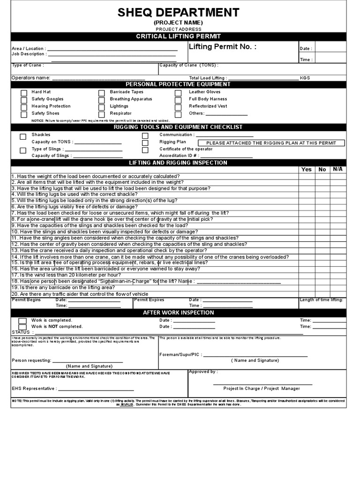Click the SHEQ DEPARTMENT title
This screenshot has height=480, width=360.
[179, 13]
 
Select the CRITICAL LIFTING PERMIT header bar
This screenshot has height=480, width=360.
[179, 36]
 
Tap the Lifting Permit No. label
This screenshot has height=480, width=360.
[222, 46]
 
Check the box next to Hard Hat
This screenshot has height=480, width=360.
[24, 93]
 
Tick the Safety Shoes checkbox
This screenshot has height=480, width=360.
[24, 114]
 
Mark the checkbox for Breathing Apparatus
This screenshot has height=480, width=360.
[101, 100]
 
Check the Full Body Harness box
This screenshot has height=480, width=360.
[178, 100]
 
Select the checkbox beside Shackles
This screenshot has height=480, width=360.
[23, 136]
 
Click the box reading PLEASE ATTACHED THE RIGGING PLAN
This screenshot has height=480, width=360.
[271, 143]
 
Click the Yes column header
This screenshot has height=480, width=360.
[306, 169]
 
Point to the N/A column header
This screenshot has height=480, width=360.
[338, 169]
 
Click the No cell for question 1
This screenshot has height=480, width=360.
[322, 176]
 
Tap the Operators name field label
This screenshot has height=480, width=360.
[30, 78]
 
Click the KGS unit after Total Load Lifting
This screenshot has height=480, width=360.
[305, 78]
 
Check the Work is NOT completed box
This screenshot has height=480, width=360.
[22, 327]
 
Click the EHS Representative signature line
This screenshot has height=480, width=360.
[96, 389]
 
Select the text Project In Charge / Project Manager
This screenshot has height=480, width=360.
[262, 389]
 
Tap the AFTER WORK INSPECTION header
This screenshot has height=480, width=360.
[179, 313]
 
